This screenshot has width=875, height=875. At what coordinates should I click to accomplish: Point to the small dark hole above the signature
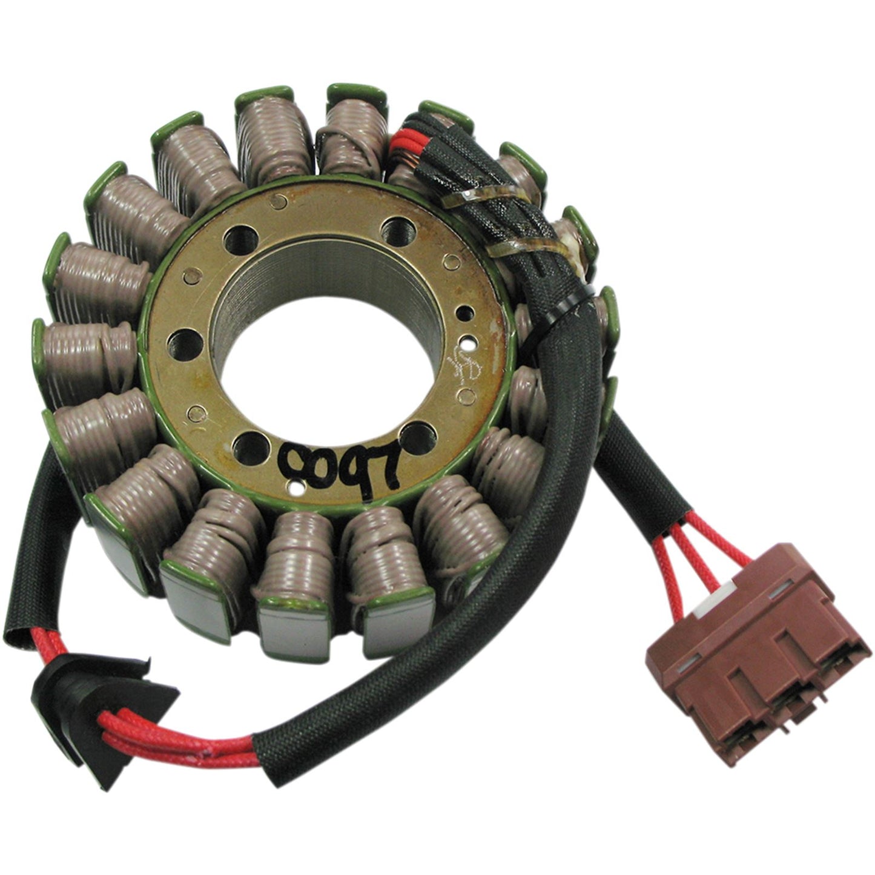coord(463,313)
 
